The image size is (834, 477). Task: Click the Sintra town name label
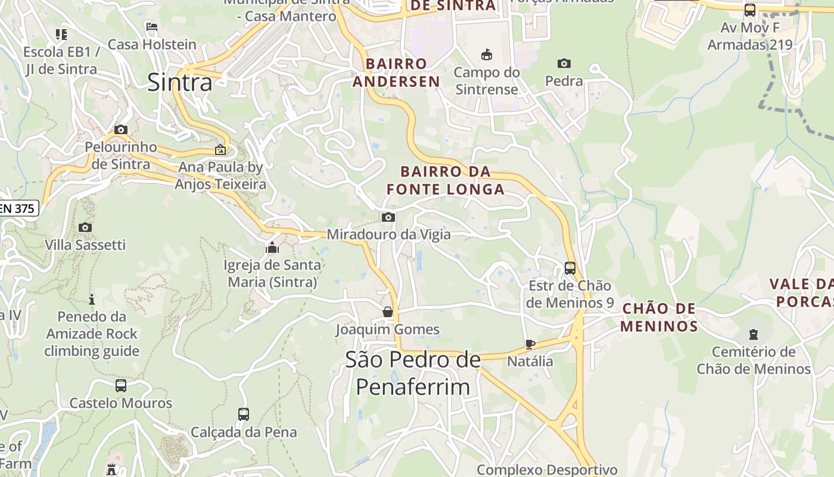click(x=179, y=82)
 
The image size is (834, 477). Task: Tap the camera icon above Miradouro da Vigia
click(x=388, y=217)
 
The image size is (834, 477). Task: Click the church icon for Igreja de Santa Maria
click(x=272, y=247)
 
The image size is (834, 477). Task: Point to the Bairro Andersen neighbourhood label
click(x=396, y=72)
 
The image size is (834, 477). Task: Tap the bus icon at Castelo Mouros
click(x=121, y=386)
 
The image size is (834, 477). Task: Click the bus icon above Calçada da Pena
click(x=243, y=414)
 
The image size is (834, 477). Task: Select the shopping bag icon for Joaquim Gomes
click(x=388, y=312)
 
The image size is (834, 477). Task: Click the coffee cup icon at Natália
click(x=530, y=344)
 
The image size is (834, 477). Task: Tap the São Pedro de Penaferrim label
click(x=413, y=373)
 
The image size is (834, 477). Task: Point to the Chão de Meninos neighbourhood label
click(x=659, y=317)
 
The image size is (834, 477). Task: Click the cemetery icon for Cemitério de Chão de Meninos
click(x=754, y=334)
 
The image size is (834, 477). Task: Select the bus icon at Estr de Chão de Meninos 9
click(x=570, y=268)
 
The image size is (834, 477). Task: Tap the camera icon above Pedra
click(x=564, y=63)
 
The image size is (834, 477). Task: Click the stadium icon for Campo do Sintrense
click(x=487, y=55)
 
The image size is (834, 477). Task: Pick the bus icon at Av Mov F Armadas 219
click(x=750, y=10)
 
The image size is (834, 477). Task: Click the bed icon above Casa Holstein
click(x=152, y=27)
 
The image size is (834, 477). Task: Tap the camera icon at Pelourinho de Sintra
click(x=121, y=129)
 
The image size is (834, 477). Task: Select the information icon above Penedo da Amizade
click(x=92, y=299)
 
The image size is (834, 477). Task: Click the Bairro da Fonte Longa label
click(x=446, y=181)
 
